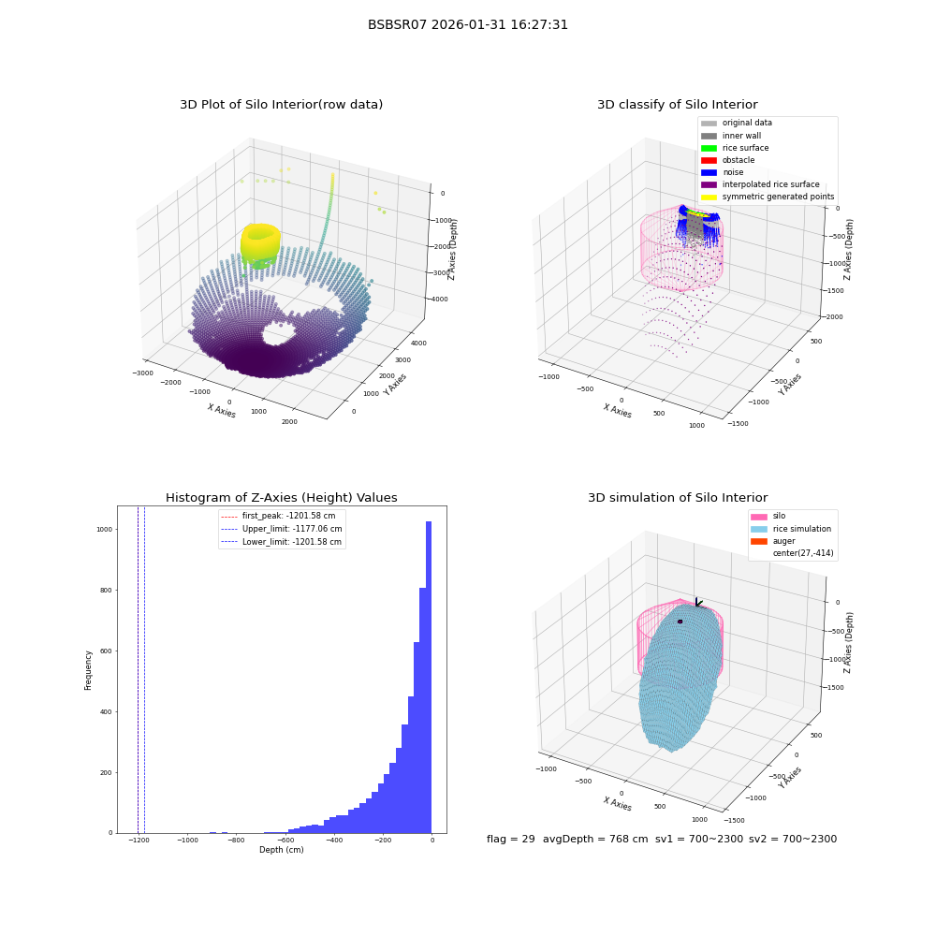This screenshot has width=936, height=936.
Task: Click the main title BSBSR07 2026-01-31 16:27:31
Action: [467, 24]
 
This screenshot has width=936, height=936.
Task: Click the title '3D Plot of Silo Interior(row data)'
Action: [281, 105]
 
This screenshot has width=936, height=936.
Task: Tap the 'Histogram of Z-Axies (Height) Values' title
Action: [281, 497]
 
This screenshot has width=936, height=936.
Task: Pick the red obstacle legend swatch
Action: [709, 160]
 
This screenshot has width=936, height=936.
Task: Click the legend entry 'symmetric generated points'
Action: [768, 197]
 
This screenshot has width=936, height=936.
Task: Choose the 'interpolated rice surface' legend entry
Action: [760, 184]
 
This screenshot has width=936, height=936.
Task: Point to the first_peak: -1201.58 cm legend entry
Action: [278, 516]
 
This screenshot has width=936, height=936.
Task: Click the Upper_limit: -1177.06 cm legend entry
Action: [281, 529]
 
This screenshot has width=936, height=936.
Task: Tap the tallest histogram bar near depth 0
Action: [428, 677]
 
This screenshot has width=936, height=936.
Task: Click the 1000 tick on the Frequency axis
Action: [105, 530]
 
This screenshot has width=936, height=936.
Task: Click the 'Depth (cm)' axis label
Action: [281, 850]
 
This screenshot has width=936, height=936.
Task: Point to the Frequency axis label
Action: [88, 670]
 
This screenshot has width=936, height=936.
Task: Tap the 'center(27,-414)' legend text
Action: [803, 553]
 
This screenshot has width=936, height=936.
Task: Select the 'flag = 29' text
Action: [510, 839]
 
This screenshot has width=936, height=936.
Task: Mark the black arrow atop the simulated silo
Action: [698, 602]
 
